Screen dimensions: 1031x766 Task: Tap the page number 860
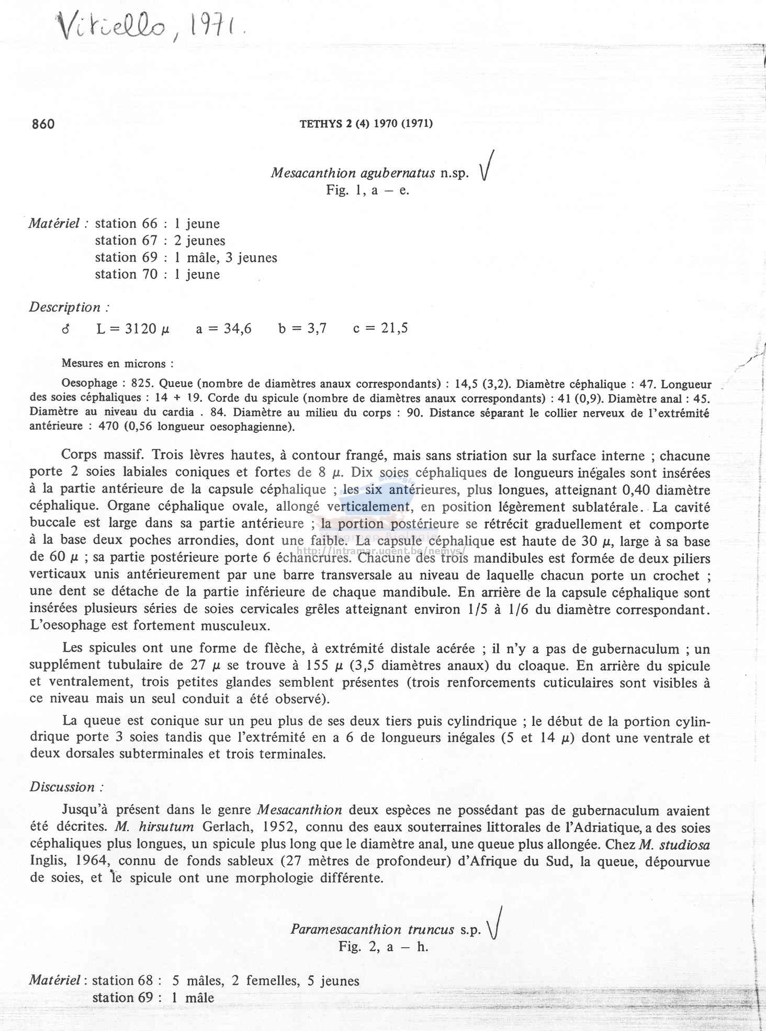(x=43, y=124)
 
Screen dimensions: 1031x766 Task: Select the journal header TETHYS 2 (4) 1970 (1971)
(x=366, y=124)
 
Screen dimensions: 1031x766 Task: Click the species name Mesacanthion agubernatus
(x=353, y=173)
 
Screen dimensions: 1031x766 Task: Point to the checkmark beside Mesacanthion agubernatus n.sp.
(x=487, y=166)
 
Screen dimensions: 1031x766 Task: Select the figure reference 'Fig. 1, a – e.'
(x=367, y=190)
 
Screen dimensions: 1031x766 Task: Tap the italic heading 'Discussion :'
(x=66, y=787)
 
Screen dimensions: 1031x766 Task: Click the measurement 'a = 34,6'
(x=223, y=329)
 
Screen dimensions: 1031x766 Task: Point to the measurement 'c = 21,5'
(x=380, y=329)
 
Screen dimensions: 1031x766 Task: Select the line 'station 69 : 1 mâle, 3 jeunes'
(x=186, y=257)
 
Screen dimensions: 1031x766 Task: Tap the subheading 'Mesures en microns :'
(x=117, y=363)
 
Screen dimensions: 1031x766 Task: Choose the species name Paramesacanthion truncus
(x=372, y=929)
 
